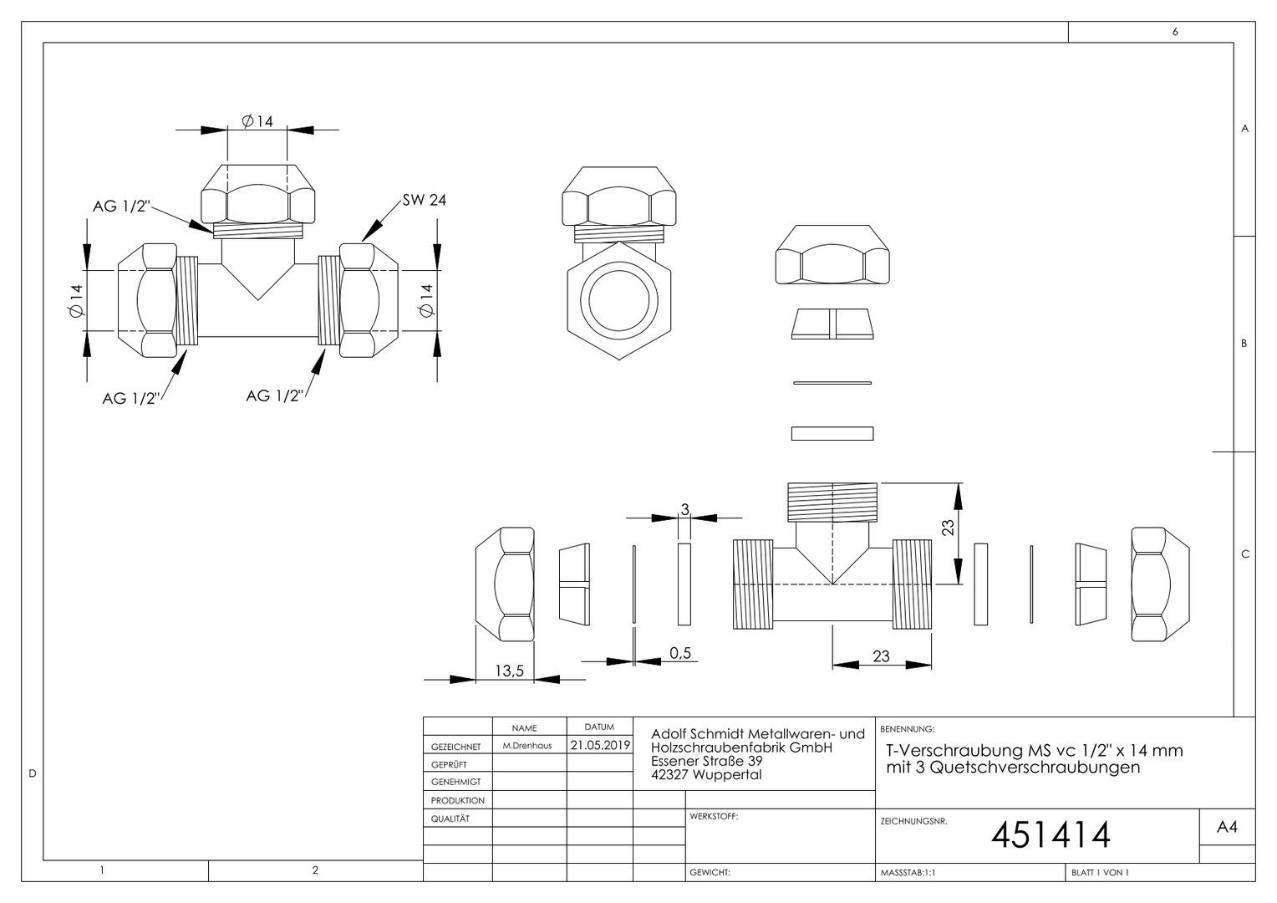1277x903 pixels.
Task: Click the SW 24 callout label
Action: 425,200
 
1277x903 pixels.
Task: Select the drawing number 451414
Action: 1051,835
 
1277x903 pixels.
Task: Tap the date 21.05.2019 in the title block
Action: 600,745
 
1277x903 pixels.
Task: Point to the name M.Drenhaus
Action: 527,746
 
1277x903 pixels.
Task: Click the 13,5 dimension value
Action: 509,671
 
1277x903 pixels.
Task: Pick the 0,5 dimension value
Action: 680,653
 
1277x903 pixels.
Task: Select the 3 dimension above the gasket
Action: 685,509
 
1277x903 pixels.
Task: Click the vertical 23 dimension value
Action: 948,527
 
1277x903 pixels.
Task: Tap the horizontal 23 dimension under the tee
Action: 881,656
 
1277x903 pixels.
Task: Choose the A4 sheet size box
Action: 1227,827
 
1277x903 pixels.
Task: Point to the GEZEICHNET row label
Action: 456,747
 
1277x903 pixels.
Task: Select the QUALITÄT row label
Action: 450,819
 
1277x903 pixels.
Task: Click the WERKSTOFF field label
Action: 714,816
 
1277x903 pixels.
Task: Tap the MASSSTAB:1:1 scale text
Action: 908,872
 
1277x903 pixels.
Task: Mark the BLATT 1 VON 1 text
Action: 1101,872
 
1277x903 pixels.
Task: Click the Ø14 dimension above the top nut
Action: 257,121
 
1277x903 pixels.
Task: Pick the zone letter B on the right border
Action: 1244,344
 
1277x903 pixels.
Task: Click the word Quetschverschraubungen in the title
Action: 1035,768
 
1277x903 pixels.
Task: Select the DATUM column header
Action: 599,727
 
